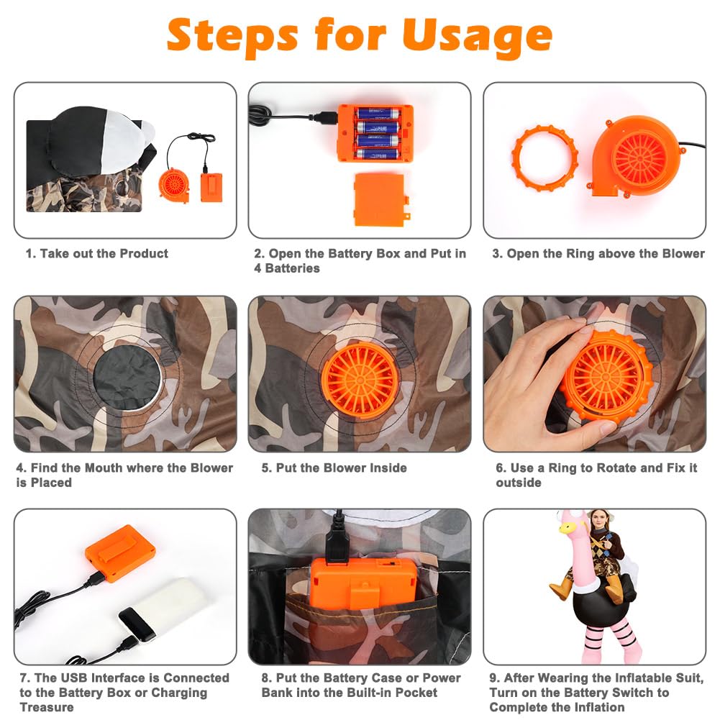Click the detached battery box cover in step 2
click(x=380, y=199)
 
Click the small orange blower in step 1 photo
click(x=174, y=185)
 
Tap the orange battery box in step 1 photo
click(x=211, y=187)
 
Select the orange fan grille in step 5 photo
click(x=360, y=380)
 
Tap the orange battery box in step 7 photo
click(x=120, y=553)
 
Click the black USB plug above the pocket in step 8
click(x=337, y=539)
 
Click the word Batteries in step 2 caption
click(x=293, y=268)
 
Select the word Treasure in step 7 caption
click(x=46, y=707)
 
